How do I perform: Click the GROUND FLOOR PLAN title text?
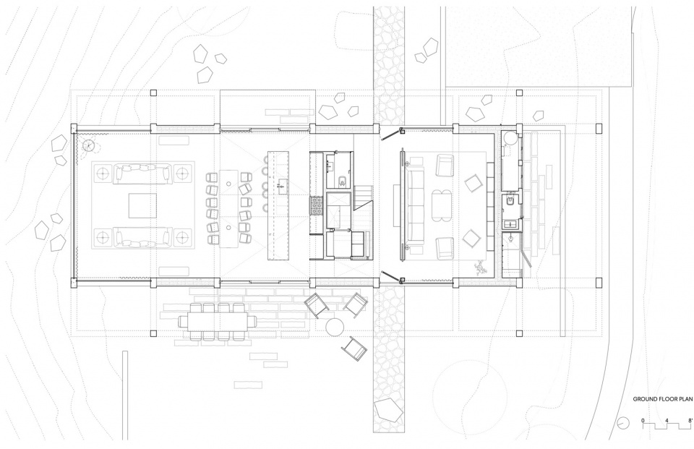(x=662, y=398)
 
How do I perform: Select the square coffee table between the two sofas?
(x=142, y=205)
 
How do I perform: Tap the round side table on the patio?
(x=335, y=327)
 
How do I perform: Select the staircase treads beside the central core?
(x=362, y=197)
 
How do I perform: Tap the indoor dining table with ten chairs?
(x=229, y=208)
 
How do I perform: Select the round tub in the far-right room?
(x=510, y=137)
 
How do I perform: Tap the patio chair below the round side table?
(x=354, y=349)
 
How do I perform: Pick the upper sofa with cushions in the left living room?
(x=142, y=173)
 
